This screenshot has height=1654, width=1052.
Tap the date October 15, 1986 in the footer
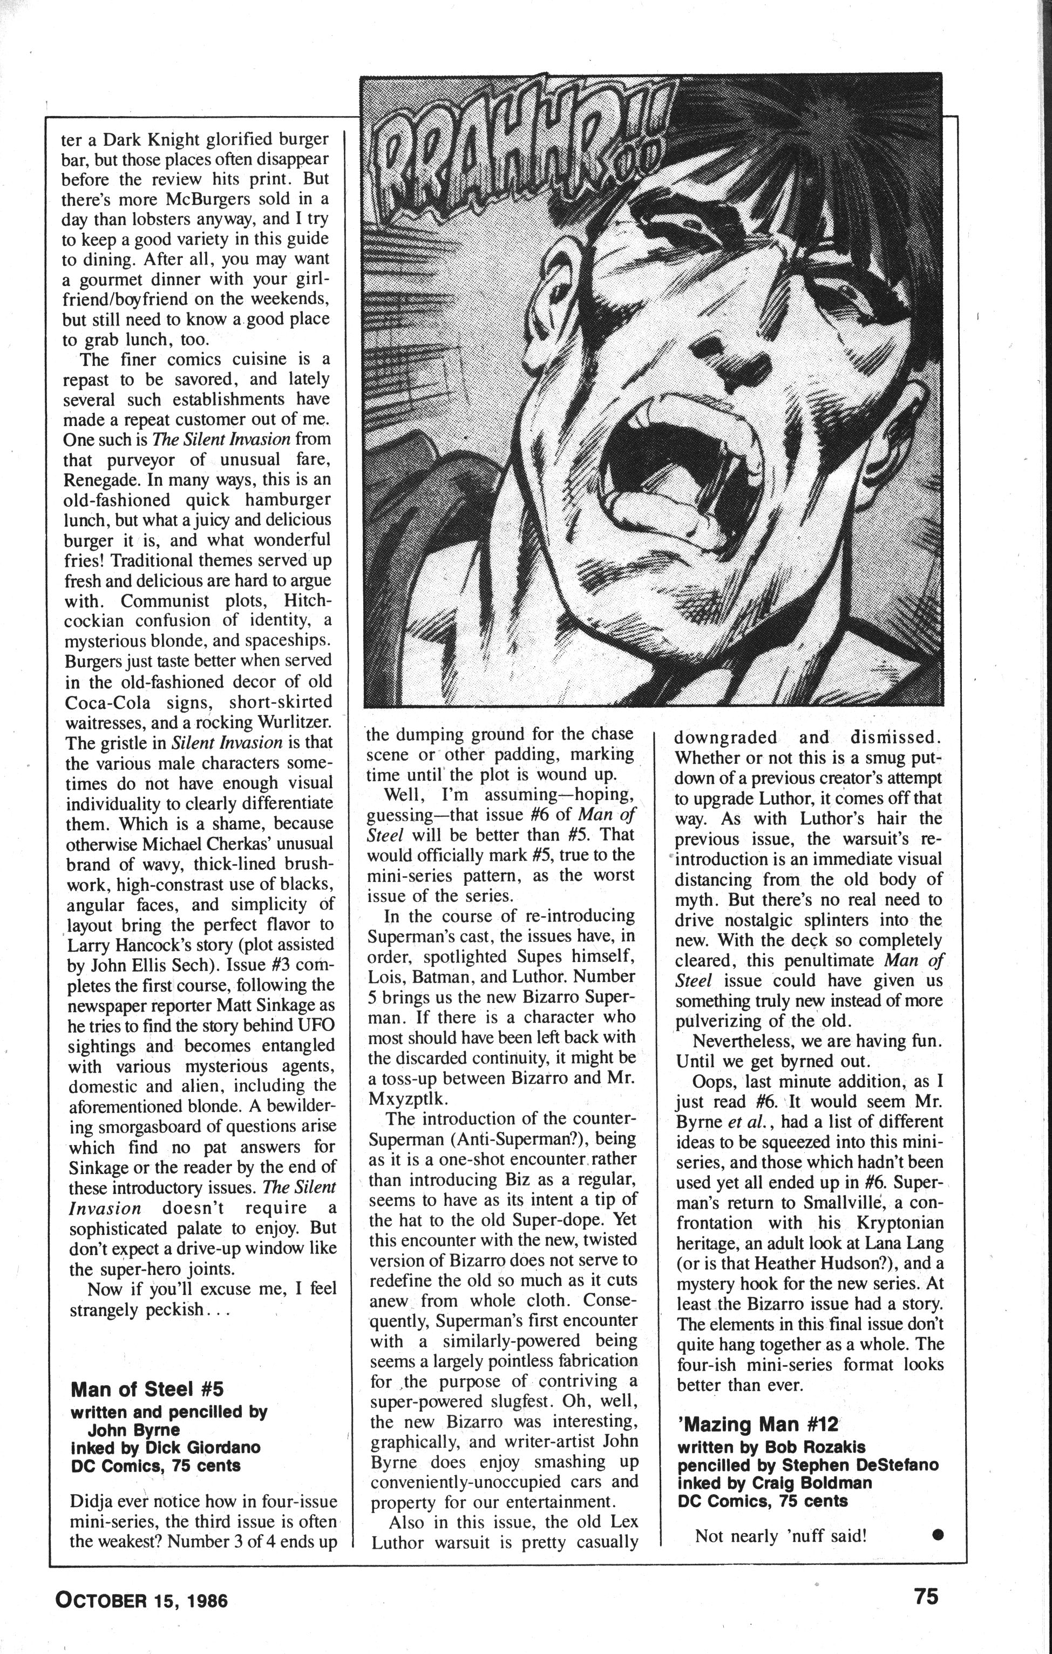pyautogui.click(x=141, y=1580)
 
